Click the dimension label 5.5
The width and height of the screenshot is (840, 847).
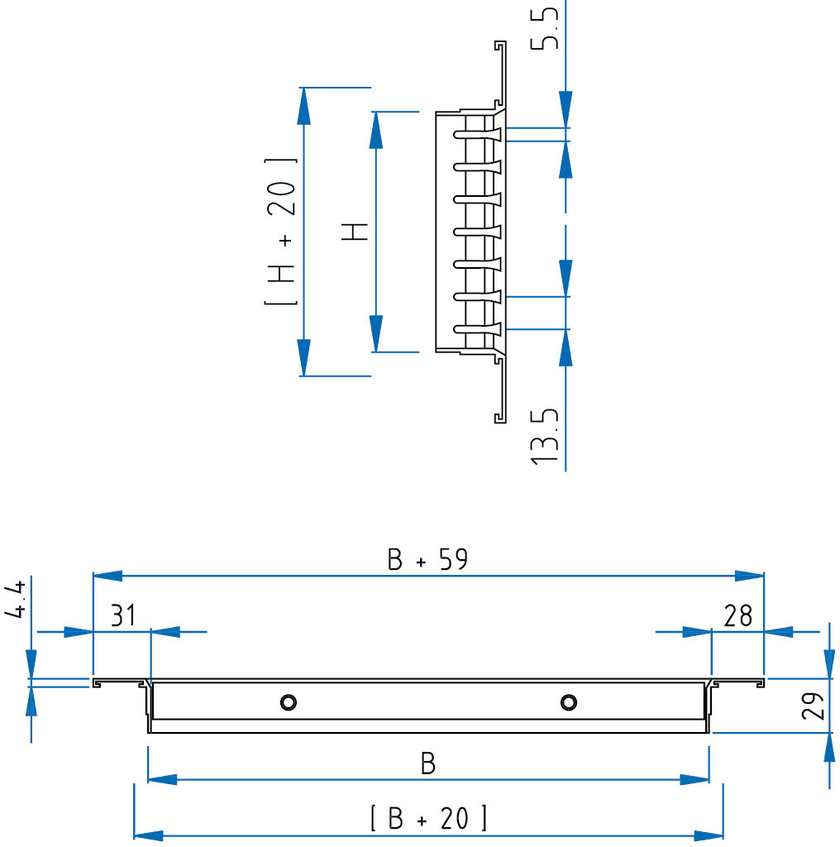point(544,28)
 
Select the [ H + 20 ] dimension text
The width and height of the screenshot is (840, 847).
point(281,232)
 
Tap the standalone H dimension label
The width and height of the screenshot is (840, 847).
point(354,232)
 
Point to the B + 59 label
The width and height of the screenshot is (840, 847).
point(427,560)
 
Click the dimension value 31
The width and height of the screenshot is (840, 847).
point(123,615)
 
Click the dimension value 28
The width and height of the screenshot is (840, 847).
point(738,615)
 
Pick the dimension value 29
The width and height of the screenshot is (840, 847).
point(813,706)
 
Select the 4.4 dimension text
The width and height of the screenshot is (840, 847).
point(15,600)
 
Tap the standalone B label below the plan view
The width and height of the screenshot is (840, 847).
point(428,763)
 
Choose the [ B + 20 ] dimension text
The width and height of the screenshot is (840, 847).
point(428,818)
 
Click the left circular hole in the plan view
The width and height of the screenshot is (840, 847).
point(289,702)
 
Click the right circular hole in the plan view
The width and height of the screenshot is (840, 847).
point(569,702)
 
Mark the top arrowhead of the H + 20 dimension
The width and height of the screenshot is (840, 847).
point(304,106)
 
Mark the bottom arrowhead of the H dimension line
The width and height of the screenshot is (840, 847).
point(375,334)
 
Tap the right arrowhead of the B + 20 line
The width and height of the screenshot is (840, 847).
point(709,836)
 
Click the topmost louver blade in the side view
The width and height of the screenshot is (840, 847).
point(478,134)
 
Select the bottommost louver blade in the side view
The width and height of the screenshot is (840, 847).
point(478,328)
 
